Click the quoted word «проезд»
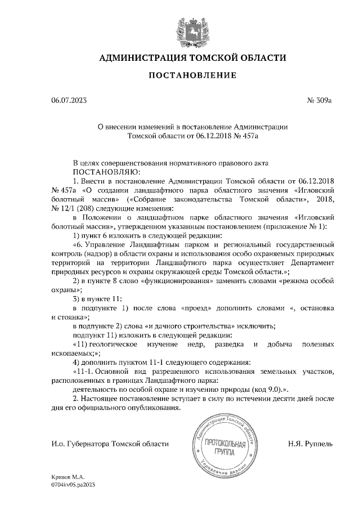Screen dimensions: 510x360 (x=198, y=308)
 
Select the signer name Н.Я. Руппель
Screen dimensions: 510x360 (x=310, y=444)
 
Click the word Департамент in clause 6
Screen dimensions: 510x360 (x=311, y=262)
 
